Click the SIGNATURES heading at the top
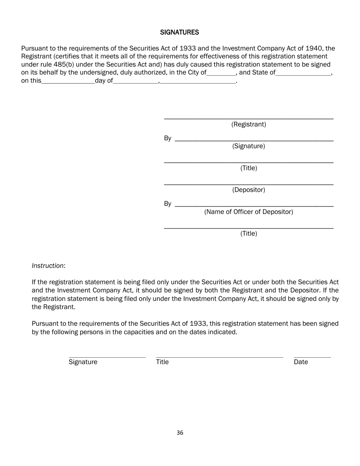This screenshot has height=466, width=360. (x=179, y=33)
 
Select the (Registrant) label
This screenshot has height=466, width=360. (x=249, y=125)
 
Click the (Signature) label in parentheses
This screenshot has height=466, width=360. (x=249, y=146)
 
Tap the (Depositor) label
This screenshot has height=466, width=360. (x=249, y=190)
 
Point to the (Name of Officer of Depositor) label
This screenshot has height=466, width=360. (x=249, y=212)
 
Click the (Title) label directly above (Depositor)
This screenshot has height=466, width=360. (x=249, y=168)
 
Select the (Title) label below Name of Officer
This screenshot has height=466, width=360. (x=249, y=234)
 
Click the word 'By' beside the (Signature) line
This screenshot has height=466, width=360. (x=167, y=138)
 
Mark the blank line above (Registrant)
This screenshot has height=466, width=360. (x=249, y=119)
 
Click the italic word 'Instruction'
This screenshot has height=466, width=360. (x=48, y=266)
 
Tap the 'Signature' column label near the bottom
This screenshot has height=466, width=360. (x=83, y=362)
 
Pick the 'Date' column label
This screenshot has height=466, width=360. (x=301, y=362)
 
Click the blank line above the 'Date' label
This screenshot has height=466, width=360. (x=312, y=357)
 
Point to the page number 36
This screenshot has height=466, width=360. (x=180, y=433)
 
